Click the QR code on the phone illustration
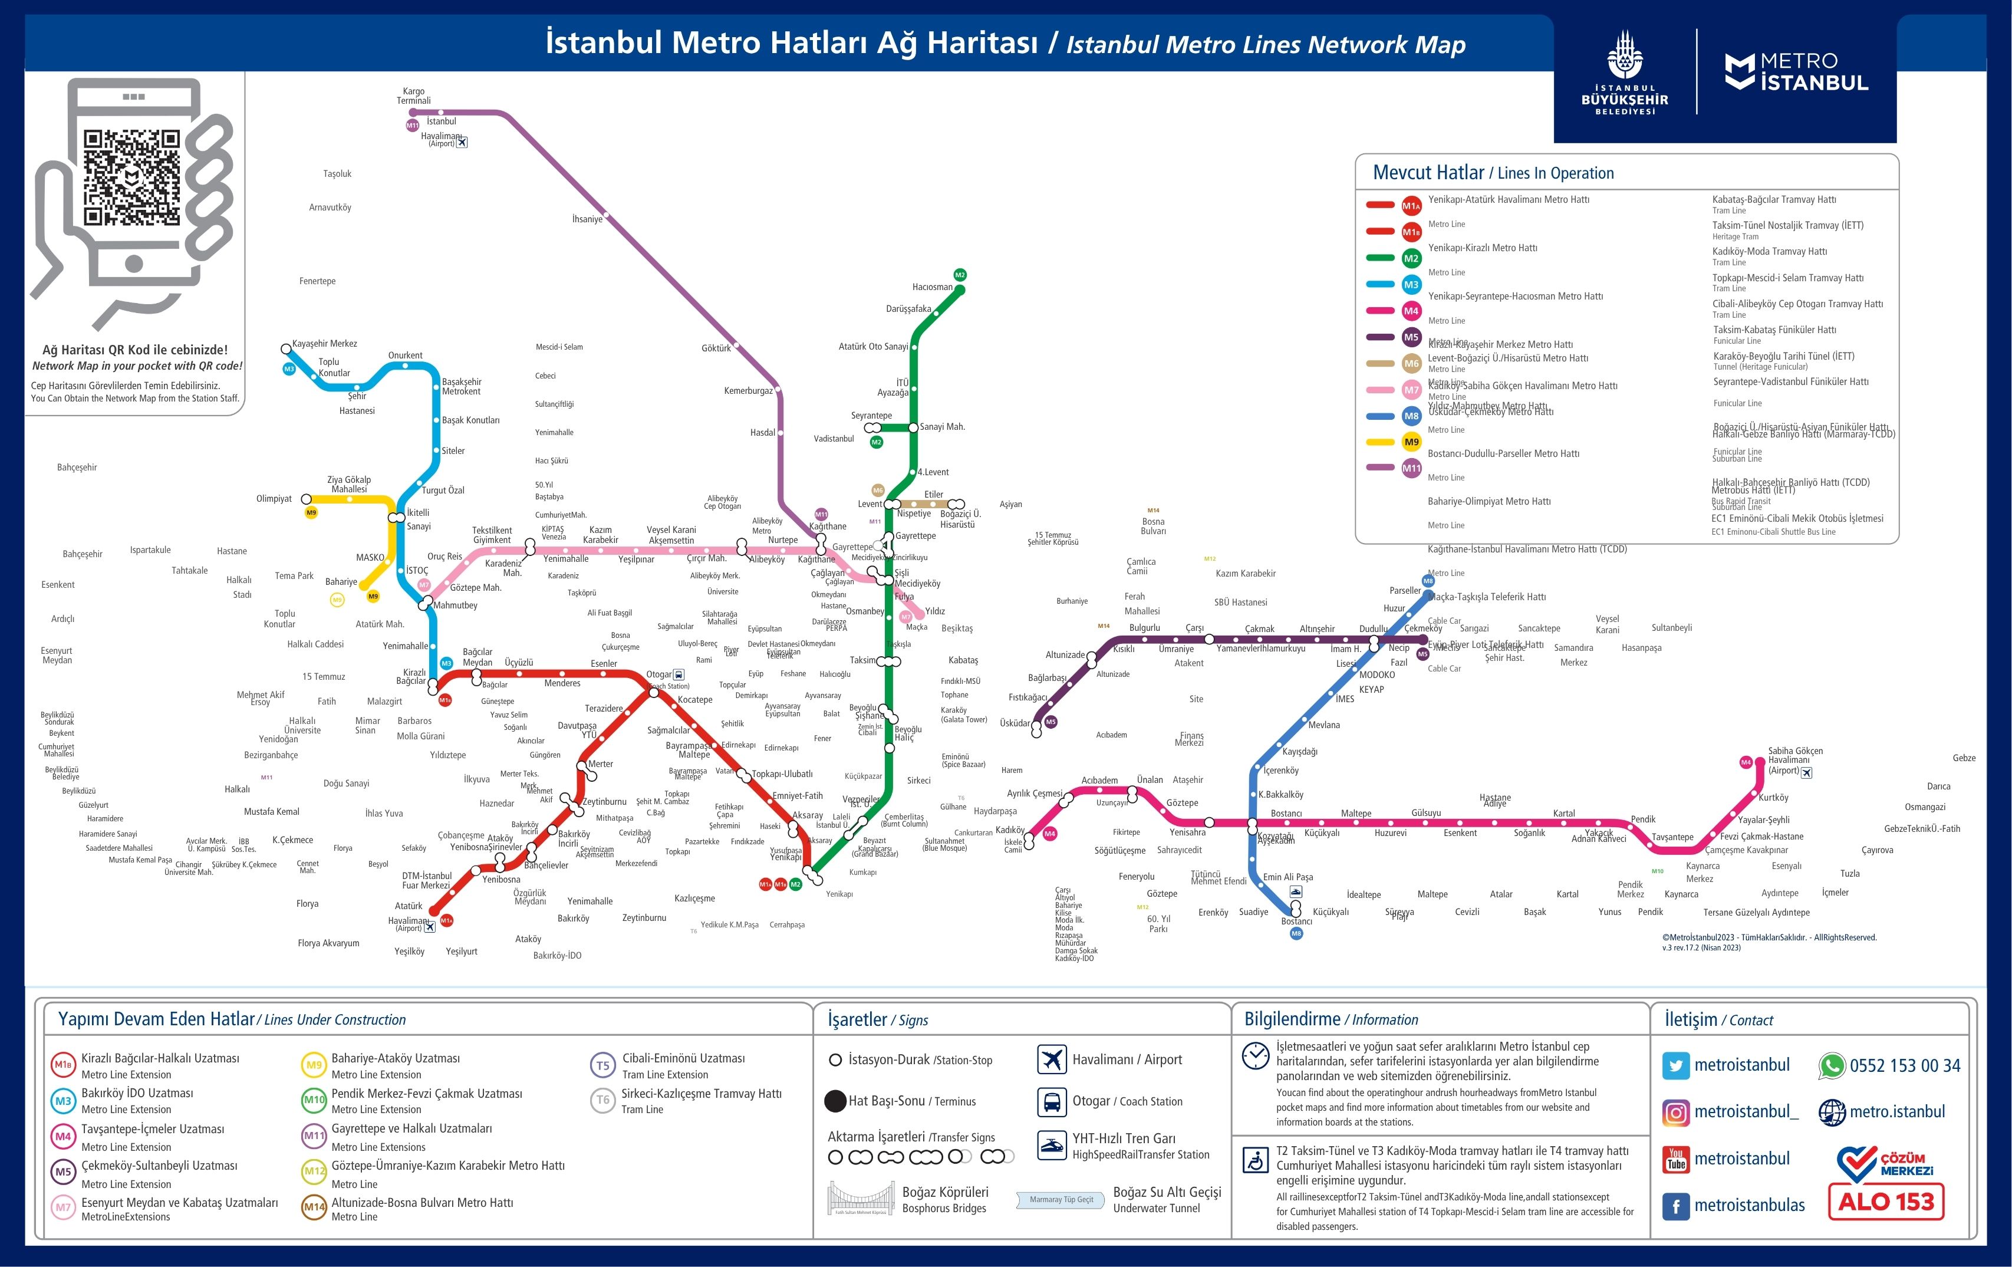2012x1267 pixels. (x=131, y=177)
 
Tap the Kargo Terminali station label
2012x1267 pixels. (x=414, y=96)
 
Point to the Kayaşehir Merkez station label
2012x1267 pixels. (x=324, y=344)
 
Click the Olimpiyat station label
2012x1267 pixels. (x=274, y=499)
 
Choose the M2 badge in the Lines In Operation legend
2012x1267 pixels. (x=1411, y=258)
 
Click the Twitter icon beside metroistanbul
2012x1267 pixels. (x=1675, y=1065)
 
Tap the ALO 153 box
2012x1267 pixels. (x=1886, y=1202)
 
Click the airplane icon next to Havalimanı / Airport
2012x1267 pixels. (x=1052, y=1059)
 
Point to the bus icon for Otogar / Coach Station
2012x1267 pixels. (x=1052, y=1101)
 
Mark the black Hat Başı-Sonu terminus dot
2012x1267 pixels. (x=835, y=1101)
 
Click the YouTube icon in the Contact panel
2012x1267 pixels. (x=1675, y=1159)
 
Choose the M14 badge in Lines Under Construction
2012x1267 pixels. (x=314, y=1207)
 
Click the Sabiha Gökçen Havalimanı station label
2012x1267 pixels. (x=1794, y=755)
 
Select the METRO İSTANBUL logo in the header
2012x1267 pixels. (x=1796, y=72)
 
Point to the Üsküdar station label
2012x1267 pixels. (x=1015, y=723)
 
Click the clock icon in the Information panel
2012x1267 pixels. (x=1255, y=1055)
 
